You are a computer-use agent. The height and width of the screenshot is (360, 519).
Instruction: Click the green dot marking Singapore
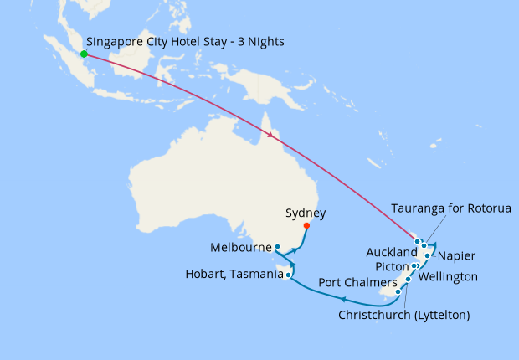(84, 54)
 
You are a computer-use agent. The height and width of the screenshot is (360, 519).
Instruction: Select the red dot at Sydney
(306, 225)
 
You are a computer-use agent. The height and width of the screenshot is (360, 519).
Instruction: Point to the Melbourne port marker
(278, 247)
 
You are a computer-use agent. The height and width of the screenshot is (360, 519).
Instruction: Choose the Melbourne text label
(242, 248)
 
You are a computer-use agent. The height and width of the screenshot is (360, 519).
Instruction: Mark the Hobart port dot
(288, 275)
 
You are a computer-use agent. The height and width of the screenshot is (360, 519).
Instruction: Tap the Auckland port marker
(417, 242)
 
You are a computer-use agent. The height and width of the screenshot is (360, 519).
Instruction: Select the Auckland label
(391, 252)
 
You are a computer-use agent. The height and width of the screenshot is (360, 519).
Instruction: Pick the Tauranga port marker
(424, 246)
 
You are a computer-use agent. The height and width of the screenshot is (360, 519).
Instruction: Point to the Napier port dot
(428, 255)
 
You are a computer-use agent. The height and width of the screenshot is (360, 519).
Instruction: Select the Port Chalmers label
(357, 283)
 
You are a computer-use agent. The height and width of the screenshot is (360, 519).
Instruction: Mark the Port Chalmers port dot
(398, 291)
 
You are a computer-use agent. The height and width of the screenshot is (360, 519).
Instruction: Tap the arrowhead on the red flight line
(270, 134)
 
